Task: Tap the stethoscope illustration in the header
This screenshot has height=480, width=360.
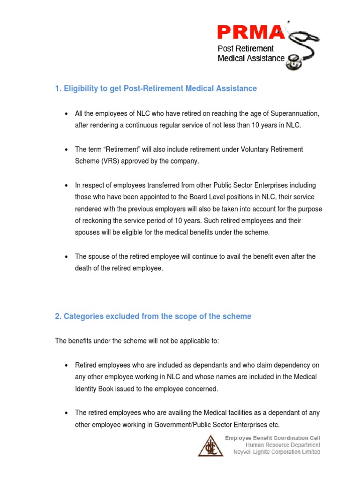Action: pyautogui.click(x=303, y=47)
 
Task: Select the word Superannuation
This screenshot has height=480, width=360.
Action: pyautogui.click(x=292, y=114)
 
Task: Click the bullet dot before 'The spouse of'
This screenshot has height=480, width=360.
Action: pyautogui.click(x=66, y=257)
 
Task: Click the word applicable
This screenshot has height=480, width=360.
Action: pyautogui.click(x=187, y=341)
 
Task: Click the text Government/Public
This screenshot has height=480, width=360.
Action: pyautogui.click(x=177, y=425)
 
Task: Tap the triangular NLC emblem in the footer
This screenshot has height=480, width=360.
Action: pyautogui.click(x=209, y=445)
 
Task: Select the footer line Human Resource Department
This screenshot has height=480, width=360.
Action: pyautogui.click(x=283, y=445)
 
